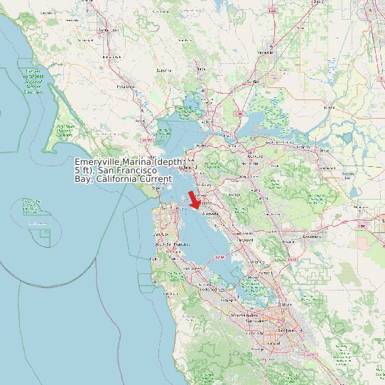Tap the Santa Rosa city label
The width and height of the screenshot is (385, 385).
point(108,30)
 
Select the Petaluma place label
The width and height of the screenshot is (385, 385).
point(125,86)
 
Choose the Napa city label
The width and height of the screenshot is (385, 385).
point(201,69)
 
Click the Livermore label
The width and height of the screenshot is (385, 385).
point(313,235)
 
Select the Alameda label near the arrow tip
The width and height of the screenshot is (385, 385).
point(211,213)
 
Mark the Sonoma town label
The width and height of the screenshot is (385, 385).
point(164,71)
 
